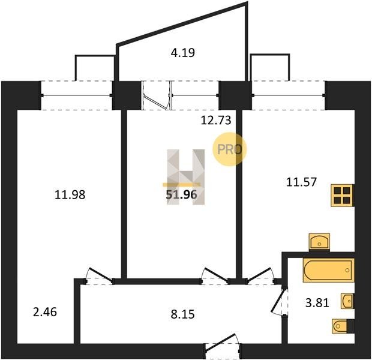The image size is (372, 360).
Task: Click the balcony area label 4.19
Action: point(182,53)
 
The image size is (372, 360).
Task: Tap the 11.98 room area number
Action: point(70,195)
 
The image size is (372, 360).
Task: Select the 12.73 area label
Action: point(215,121)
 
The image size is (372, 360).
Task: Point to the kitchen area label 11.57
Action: point(301,182)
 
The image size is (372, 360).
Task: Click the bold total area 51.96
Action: point(181,195)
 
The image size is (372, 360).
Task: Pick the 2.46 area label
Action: point(45,312)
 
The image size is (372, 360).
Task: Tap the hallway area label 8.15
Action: point(182,314)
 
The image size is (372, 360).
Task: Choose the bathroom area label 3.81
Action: point(317,303)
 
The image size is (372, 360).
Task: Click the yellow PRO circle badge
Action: point(229,149)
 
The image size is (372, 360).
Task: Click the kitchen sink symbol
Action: point(319,242)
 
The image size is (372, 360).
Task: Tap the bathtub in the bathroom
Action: point(329,270)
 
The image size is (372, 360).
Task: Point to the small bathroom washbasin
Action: point(347,301)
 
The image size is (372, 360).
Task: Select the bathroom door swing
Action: point(279,301)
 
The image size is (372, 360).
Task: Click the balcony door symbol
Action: point(157,95)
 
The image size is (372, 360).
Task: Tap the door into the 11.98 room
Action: point(99,276)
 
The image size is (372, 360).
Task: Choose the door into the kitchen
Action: point(260,276)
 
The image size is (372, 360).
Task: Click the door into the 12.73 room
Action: point(215,276)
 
